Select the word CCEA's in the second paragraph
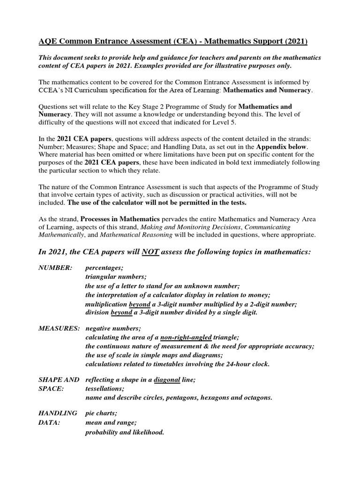pyautogui.click(x=53, y=90)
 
